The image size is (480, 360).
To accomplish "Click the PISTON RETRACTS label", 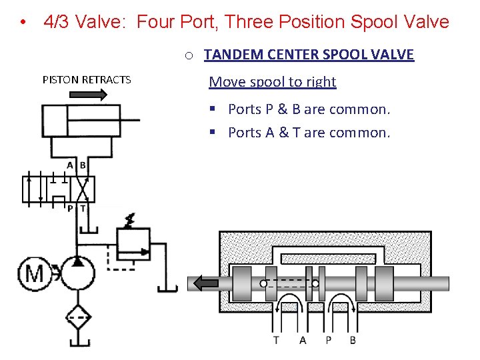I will [87, 80].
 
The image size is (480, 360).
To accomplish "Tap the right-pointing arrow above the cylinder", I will [88, 95].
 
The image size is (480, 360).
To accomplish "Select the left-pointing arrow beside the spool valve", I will [205, 284].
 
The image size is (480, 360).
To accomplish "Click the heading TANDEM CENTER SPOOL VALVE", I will [309, 55].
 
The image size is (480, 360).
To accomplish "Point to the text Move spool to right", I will [272, 82].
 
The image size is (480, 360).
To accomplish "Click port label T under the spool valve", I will [276, 340].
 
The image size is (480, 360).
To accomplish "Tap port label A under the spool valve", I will [303, 340].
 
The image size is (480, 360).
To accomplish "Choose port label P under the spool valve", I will [328, 340].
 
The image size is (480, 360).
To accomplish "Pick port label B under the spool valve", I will [353, 340].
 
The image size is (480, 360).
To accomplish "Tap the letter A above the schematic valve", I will [70, 165].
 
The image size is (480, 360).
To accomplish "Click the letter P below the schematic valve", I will [70, 209].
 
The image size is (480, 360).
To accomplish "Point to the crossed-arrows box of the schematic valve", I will [83, 188].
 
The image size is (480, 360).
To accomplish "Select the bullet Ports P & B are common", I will [309, 109].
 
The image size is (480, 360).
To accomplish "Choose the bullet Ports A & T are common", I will [309, 133].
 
